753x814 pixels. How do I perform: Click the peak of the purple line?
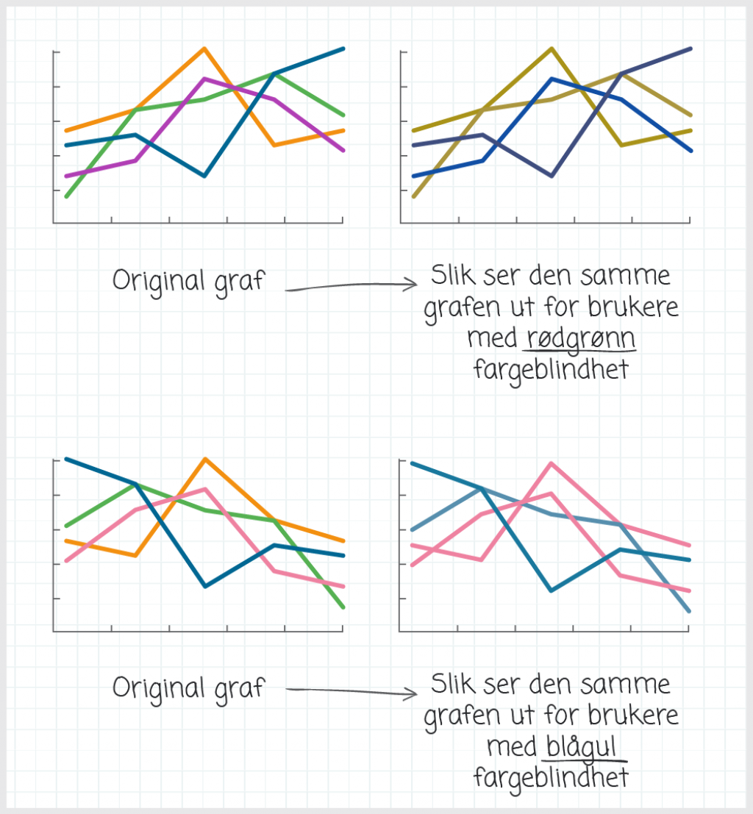tap(204, 79)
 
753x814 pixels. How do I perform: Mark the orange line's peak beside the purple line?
tap(204, 49)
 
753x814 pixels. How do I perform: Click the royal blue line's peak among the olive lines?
tap(552, 79)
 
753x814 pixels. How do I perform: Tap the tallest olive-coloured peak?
tap(552, 49)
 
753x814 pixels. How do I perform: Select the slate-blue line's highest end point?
tap(690, 49)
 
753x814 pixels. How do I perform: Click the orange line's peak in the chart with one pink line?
tap(204, 459)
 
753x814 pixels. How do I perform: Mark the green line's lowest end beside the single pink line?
tap(343, 607)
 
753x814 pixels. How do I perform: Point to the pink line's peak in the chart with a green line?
tap(204, 489)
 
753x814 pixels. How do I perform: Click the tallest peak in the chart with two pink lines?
tap(552, 463)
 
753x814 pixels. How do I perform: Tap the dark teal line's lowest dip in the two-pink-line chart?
tap(552, 590)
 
